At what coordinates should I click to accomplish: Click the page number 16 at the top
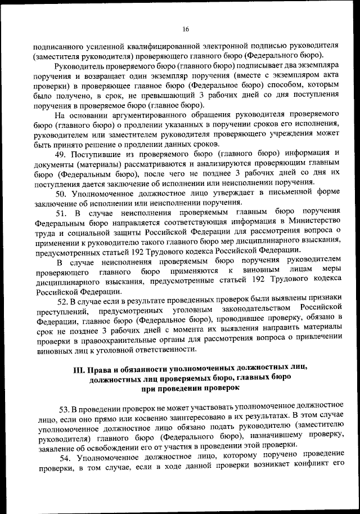point(185,29)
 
